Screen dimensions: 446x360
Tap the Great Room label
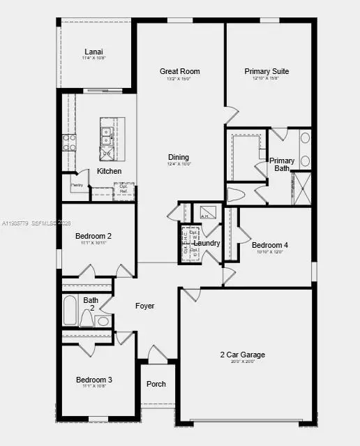pyautogui.click(x=179, y=71)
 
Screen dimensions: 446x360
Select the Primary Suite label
pyautogui.click(x=267, y=71)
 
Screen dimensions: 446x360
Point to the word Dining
pyautogui.click(x=179, y=157)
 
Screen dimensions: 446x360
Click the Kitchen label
pyautogui.click(x=109, y=171)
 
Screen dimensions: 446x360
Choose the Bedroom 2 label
pyautogui.click(x=93, y=236)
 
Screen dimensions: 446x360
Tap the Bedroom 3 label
pyautogui.click(x=93, y=380)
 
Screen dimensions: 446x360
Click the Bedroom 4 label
pyautogui.click(x=269, y=245)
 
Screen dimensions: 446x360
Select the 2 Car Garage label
pyautogui.click(x=242, y=355)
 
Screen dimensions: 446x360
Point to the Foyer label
pyautogui.click(x=144, y=306)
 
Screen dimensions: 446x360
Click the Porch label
pyautogui.click(x=156, y=385)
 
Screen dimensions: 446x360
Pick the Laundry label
pyautogui.click(x=207, y=244)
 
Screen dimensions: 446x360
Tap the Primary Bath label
pyautogui.click(x=282, y=165)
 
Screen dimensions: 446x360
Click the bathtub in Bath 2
pyautogui.click(x=70, y=311)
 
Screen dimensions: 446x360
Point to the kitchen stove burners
pyautogui.click(x=70, y=142)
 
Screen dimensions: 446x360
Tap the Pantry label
pyautogui.click(x=77, y=185)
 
